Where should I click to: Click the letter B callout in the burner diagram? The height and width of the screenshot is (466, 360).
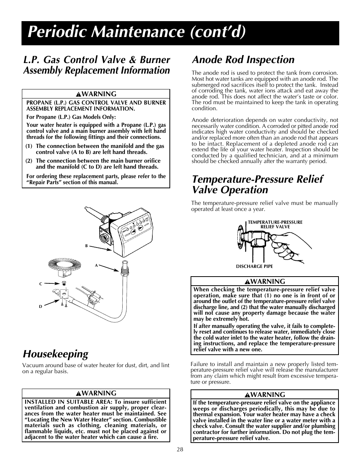pos(86,246)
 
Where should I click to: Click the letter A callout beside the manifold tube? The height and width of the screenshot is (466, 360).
pos(96,265)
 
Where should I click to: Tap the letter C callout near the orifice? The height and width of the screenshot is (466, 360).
pos(41,284)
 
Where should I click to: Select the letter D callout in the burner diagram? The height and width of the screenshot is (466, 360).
pos(41,306)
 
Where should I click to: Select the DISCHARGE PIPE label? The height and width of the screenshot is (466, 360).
pos(254,266)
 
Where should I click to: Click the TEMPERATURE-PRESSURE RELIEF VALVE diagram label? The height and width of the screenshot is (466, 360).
pos(275,225)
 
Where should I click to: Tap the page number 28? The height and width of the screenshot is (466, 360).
pos(180,449)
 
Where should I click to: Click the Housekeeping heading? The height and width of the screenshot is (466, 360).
pos(55,354)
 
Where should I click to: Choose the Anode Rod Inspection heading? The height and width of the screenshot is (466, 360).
pos(243,60)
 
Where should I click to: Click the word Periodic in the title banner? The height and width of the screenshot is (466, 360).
pos(58,32)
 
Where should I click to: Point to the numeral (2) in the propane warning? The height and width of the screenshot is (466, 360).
pos(29,161)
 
